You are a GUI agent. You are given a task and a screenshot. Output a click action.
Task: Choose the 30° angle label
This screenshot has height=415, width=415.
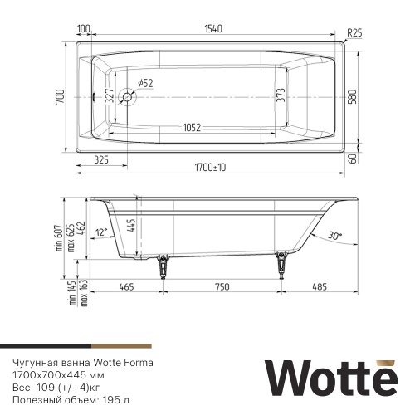point(334,236)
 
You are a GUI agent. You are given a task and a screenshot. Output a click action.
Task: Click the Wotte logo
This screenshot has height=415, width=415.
point(326,375)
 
